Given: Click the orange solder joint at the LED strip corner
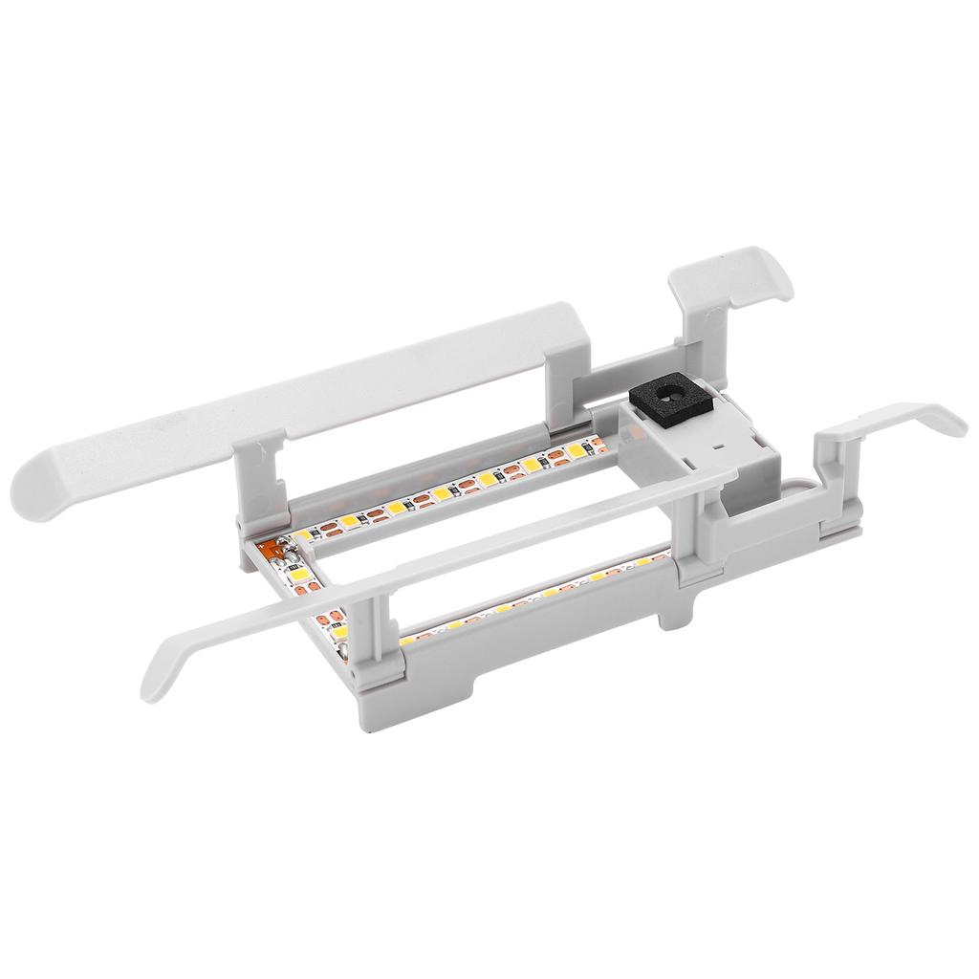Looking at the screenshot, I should point(272,550).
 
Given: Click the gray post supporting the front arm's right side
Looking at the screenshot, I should point(692,535).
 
